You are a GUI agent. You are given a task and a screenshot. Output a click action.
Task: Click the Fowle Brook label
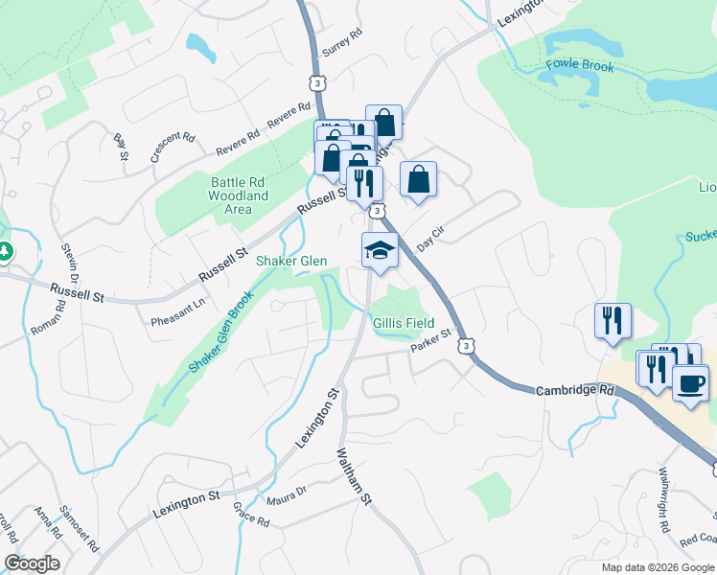[579, 67]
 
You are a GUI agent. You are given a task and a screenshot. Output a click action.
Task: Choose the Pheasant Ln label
[178, 313]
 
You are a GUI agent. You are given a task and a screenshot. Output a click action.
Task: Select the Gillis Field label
[404, 323]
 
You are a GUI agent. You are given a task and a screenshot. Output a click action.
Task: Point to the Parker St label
[430, 342]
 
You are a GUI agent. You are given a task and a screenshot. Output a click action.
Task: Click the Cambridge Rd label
[573, 390]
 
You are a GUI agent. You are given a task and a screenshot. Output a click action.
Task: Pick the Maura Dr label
[287, 492]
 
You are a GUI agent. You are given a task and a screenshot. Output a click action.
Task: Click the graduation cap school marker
[379, 251]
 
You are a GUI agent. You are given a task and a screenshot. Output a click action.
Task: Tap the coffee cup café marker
[690, 383]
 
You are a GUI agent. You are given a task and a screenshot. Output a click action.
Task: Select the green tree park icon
[5, 251]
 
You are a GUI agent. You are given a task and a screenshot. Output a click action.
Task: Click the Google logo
[32, 563]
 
